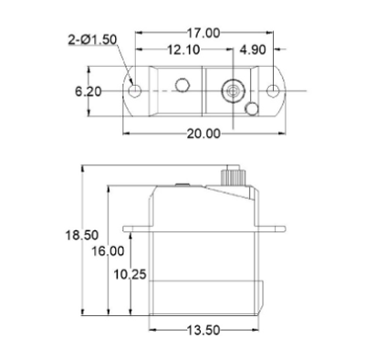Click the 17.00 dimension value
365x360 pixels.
tap(203, 33)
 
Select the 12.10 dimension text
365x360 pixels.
tap(183, 49)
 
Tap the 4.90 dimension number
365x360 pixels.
tap(253, 49)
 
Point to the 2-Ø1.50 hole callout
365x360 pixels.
tap(92, 39)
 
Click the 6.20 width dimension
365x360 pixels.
tap(89, 91)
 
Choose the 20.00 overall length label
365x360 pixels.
tap(203, 133)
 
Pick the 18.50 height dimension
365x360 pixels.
tap(82, 235)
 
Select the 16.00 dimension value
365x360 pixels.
tap(109, 251)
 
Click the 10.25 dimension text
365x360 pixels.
tap(130, 274)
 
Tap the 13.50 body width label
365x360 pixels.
tap(203, 330)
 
